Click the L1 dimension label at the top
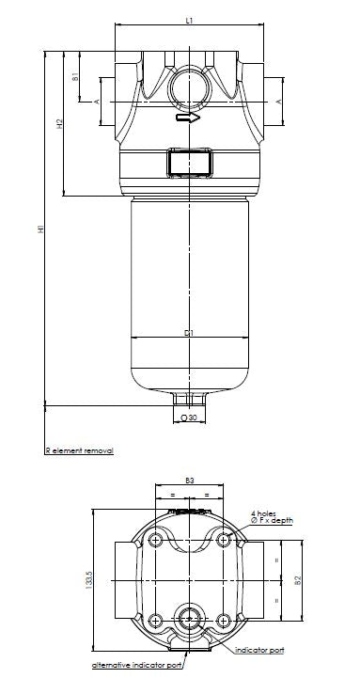pyautogui.click(x=189, y=19)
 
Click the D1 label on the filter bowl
pyautogui.click(x=189, y=333)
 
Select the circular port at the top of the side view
pyautogui.click(x=189, y=87)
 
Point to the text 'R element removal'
pyautogui.click(x=79, y=451)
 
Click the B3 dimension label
pyautogui.click(x=189, y=480)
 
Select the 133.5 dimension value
pyautogui.click(x=89, y=583)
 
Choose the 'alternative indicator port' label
pyautogui.click(x=136, y=665)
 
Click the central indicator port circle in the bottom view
pyautogui.click(x=189, y=618)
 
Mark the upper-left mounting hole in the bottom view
pyautogui.click(x=154, y=539)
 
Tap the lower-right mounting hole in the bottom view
pyautogui.click(x=224, y=619)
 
